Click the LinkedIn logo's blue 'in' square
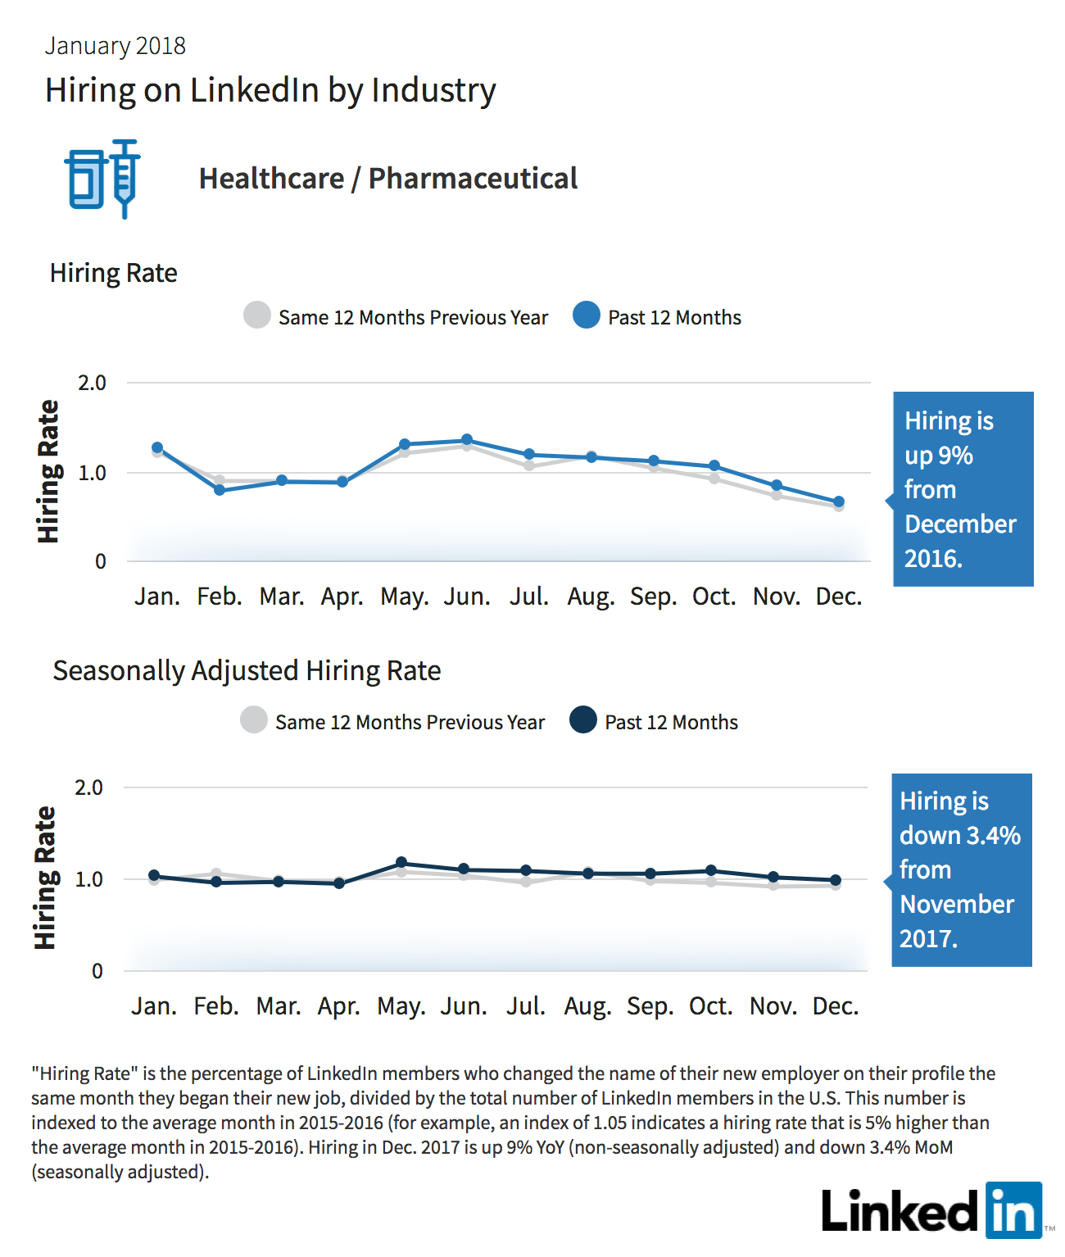(x=1013, y=1209)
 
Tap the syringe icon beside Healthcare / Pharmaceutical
(x=125, y=179)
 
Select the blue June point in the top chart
(x=466, y=439)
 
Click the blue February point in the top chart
(x=220, y=489)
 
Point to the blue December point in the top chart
(x=838, y=501)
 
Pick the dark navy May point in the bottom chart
(x=401, y=862)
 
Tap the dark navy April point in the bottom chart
(x=339, y=883)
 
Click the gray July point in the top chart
(x=529, y=465)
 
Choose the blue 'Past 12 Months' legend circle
(x=587, y=315)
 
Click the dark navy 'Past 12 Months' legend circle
(x=583, y=719)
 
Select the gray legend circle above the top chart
(x=257, y=315)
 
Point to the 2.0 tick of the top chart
(x=92, y=383)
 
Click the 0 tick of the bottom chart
(x=97, y=970)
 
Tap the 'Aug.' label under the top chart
(x=591, y=597)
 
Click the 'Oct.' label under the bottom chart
(x=710, y=1006)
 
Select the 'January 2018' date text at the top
(x=115, y=46)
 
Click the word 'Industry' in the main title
(x=433, y=91)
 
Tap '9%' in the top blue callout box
(x=956, y=456)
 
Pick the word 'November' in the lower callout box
(x=957, y=905)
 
